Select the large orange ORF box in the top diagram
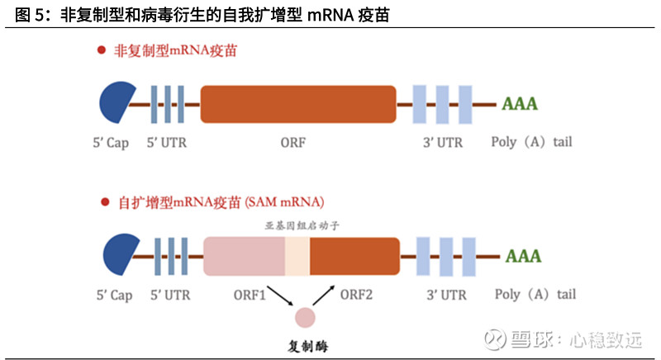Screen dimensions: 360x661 (x=298, y=104)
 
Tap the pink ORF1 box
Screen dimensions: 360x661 (x=244, y=256)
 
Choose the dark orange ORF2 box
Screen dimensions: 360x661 (x=354, y=256)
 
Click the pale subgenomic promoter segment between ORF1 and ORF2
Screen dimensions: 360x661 (x=297, y=256)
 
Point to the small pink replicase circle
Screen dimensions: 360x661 (x=305, y=317)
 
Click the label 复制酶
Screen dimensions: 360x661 (x=305, y=343)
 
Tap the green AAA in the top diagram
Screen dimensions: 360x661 (x=520, y=104)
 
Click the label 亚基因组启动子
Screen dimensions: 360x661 (x=296, y=225)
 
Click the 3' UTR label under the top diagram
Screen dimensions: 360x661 (x=443, y=142)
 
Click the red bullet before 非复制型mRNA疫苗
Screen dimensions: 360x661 (x=102, y=50)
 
